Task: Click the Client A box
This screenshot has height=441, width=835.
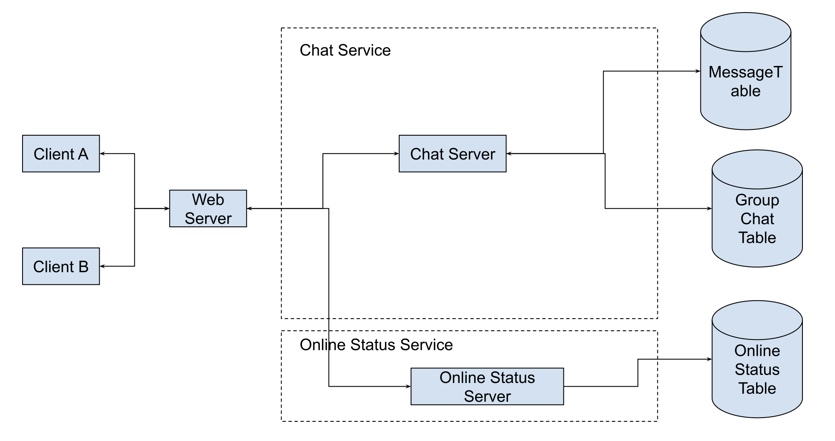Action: pos(61,154)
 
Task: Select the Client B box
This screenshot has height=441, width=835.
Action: pos(61,266)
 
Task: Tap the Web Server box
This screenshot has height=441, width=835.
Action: pos(208,208)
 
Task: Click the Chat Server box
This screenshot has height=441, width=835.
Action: pos(453,154)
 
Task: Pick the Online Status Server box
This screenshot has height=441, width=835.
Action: pos(487,386)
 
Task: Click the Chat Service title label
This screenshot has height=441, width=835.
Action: pos(345,51)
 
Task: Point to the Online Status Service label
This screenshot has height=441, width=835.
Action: pos(376,345)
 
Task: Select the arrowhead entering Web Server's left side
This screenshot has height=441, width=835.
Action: pos(167,208)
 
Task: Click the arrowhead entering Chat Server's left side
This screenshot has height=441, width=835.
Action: pos(396,154)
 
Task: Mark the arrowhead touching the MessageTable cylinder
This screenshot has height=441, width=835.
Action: pos(698,71)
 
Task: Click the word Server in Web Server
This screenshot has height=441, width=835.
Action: pos(208,218)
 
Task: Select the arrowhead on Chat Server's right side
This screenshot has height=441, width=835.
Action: pos(509,154)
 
